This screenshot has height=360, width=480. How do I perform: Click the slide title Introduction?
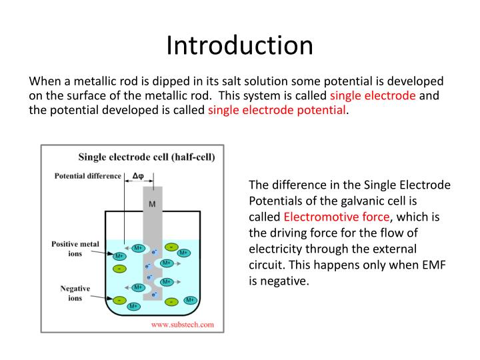pyautogui.click(x=239, y=45)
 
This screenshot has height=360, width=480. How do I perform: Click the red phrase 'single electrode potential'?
pyautogui.click(x=277, y=110)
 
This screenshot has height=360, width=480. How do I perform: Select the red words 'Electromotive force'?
pyautogui.click(x=337, y=217)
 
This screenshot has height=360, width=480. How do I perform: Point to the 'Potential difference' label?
pyautogui.click(x=87, y=176)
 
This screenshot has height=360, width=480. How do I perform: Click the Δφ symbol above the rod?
pyautogui.click(x=139, y=177)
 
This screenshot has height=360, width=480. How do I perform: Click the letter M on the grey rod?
pyautogui.click(x=152, y=204)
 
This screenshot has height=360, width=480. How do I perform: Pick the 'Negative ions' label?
pyautogui.click(x=75, y=293)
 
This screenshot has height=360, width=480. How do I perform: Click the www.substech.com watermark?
pyautogui.click(x=183, y=325)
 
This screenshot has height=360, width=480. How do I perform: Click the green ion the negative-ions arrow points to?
pyautogui.click(x=120, y=300)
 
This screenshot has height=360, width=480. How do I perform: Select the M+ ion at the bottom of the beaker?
pyautogui.click(x=133, y=306)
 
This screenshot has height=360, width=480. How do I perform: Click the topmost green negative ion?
pyautogui.click(x=171, y=247)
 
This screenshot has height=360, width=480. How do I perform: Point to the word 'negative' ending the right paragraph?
pyautogui.click(x=289, y=281)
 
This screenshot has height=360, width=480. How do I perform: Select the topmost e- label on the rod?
pyautogui.click(x=155, y=252)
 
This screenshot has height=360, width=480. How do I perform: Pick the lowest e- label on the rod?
pyautogui.click(x=154, y=294)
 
